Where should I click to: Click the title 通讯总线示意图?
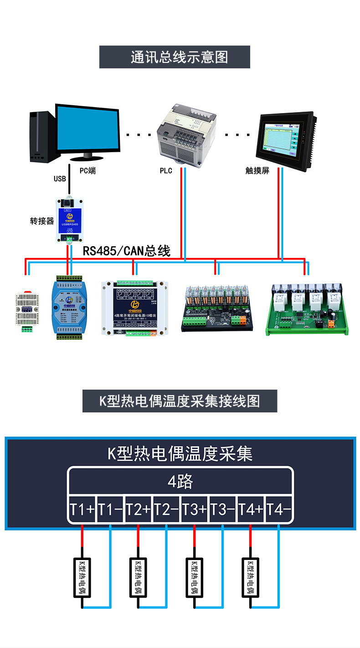pyautogui.click(x=175, y=57)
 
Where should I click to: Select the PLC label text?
pyautogui.click(x=166, y=171)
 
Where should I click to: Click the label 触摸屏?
pyautogui.click(x=258, y=171)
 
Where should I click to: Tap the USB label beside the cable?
pyautogui.click(x=60, y=179)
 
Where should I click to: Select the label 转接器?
pyautogui.click(x=42, y=221)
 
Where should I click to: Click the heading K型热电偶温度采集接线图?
pyautogui.click(x=180, y=401)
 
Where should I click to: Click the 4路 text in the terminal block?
pyautogui.click(x=180, y=482)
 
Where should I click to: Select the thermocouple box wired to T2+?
pyautogui.click(x=138, y=577)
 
